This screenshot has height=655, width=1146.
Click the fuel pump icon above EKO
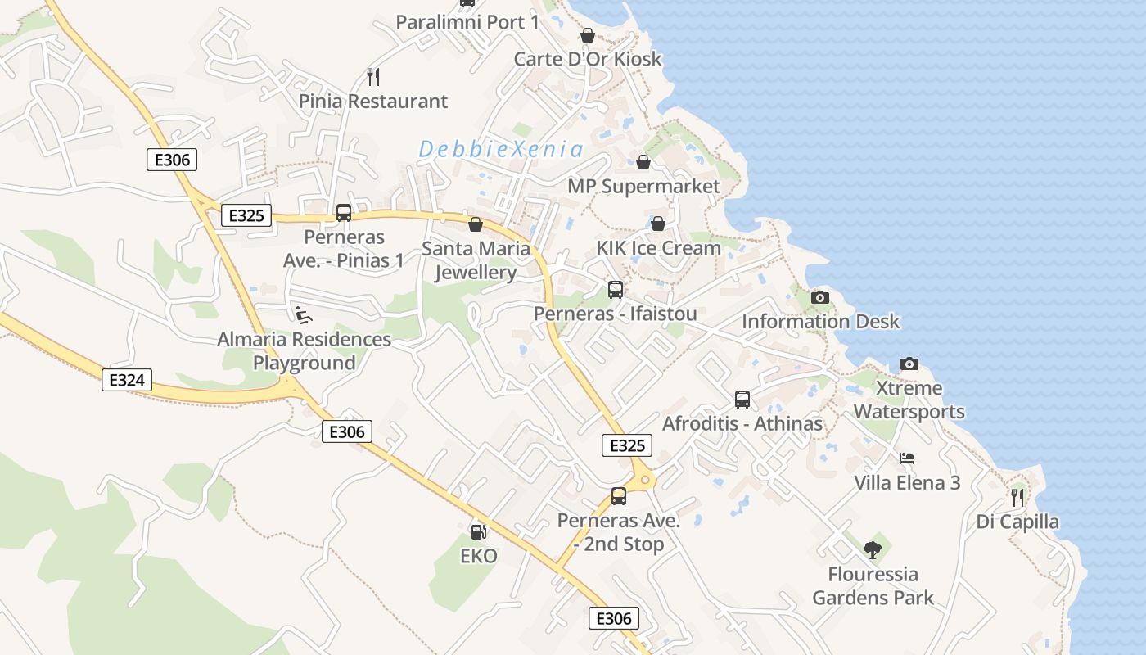point(478,532)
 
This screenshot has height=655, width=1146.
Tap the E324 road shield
point(127,379)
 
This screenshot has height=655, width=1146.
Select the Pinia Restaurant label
point(373,102)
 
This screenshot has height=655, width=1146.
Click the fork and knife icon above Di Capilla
point(1017,497)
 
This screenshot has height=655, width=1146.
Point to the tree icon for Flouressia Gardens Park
point(873,549)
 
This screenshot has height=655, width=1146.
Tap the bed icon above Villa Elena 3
point(906,458)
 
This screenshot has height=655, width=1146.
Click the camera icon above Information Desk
point(820,297)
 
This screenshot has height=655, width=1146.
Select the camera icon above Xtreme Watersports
point(909,364)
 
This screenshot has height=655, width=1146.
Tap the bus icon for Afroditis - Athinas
point(742,400)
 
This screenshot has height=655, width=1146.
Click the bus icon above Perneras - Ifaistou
point(616,290)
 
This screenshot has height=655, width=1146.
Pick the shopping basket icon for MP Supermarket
point(643,162)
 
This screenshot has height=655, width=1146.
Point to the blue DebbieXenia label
point(501,150)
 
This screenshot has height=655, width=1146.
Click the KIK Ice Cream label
point(658,248)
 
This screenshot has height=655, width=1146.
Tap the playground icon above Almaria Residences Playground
point(304,314)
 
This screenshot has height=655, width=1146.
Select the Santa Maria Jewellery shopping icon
point(476,224)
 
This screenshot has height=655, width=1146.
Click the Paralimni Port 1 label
point(467,22)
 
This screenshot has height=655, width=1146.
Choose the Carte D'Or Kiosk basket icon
point(587,35)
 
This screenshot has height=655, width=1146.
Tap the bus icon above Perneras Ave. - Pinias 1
point(344,213)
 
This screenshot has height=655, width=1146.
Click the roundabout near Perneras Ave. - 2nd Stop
point(645,480)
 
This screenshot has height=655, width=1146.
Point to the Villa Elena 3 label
point(907,482)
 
